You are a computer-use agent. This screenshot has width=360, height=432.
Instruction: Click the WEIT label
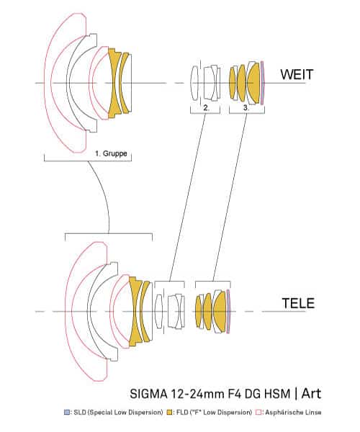pos(297,74)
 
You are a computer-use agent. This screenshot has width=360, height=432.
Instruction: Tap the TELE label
pos(298,303)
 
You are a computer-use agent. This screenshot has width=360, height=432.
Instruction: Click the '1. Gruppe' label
pos(111,153)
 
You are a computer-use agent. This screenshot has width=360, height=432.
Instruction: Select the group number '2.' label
pos(207,108)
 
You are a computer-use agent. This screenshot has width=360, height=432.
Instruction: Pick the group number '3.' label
pos(246,108)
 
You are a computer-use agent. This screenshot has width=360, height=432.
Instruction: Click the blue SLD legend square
pos(67,413)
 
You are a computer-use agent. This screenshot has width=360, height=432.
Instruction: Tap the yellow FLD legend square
pos(170,413)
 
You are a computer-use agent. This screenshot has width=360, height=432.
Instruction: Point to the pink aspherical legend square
pos(258,413)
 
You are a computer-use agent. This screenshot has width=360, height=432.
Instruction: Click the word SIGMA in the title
pos(148,393)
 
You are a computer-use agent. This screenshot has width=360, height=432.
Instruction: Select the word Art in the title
pos(311,393)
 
